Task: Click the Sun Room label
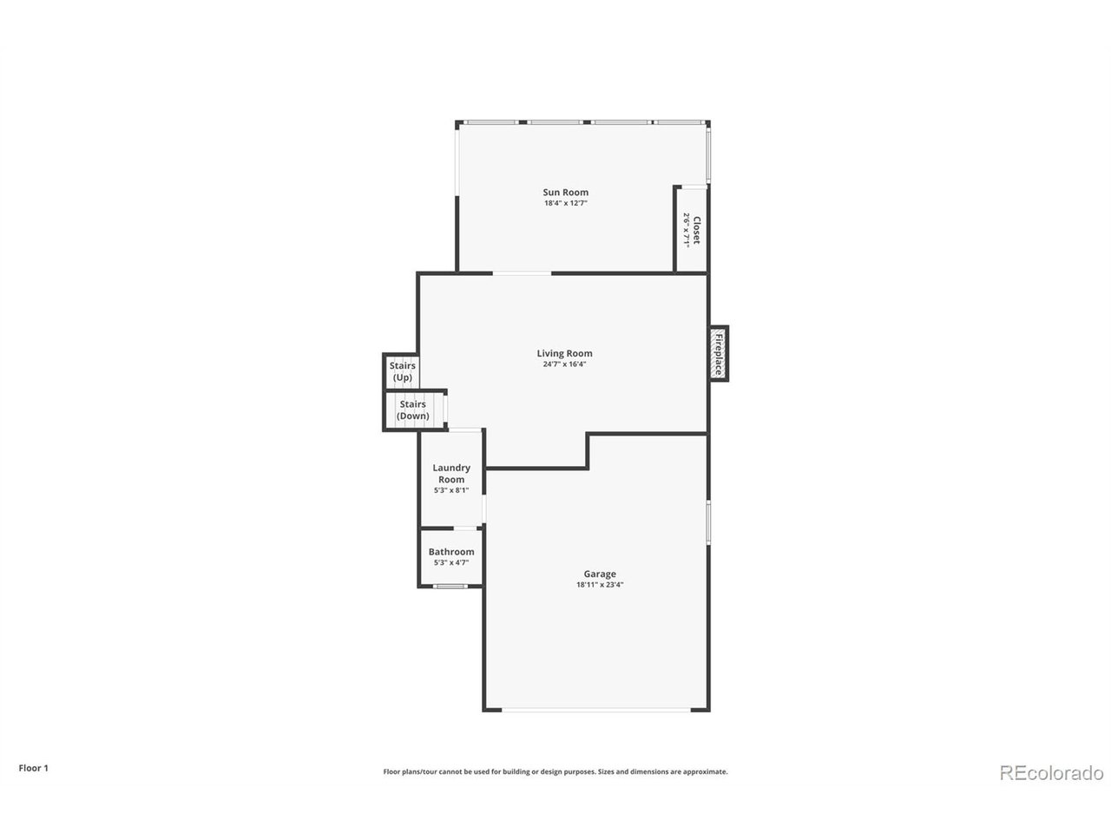(x=565, y=193)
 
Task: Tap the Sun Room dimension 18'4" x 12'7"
(x=565, y=203)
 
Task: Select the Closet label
(x=696, y=230)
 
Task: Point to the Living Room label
(x=564, y=353)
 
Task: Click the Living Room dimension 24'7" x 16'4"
(x=564, y=364)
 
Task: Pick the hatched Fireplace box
(x=719, y=353)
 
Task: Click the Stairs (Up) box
(x=402, y=372)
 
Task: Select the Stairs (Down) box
(x=413, y=410)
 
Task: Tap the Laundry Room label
(x=451, y=474)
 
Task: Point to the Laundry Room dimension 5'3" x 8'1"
(x=451, y=490)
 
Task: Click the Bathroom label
(x=451, y=552)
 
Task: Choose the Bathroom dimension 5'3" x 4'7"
(x=451, y=563)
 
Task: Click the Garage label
(x=600, y=574)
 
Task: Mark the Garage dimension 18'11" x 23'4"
(x=600, y=585)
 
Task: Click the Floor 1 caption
(x=34, y=768)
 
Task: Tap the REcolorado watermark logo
(x=1051, y=772)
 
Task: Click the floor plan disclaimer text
(x=555, y=771)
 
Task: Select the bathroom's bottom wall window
(x=450, y=587)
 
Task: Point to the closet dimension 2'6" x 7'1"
(x=686, y=230)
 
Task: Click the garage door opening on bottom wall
(x=596, y=712)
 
